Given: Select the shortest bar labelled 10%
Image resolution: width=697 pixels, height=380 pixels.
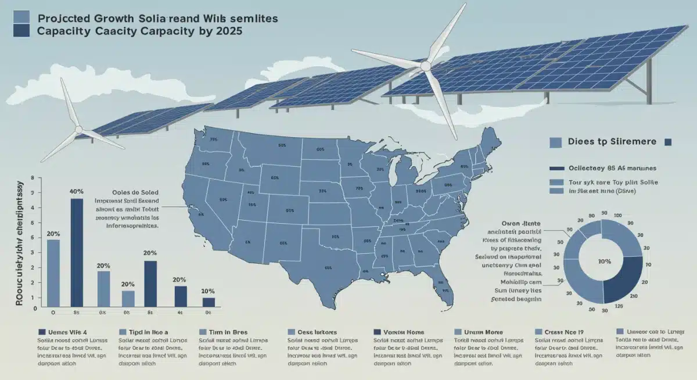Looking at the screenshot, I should (x=209, y=302).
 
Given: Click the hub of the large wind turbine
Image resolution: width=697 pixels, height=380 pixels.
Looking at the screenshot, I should (x=427, y=67).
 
